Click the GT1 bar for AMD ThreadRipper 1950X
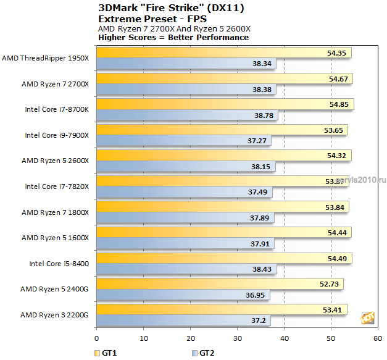click(x=224, y=52)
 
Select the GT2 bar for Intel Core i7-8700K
click(x=187, y=115)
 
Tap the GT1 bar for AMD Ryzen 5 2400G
click(x=220, y=284)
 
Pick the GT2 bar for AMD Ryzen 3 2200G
click(x=183, y=320)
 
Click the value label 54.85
click(x=339, y=104)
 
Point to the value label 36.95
click(x=255, y=295)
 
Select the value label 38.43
click(x=262, y=269)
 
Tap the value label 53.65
click(x=333, y=130)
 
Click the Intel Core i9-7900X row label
click(x=57, y=135)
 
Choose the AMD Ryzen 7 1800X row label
click(x=55, y=212)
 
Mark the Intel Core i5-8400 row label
click(x=59, y=264)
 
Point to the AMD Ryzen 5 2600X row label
click(x=55, y=161)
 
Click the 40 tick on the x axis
click(x=285, y=338)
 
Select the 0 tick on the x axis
click(x=96, y=338)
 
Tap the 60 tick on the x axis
click(x=378, y=338)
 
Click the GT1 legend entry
click(x=106, y=353)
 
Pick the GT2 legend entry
click(x=203, y=353)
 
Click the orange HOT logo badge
click(x=367, y=318)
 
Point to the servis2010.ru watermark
click(x=361, y=180)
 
